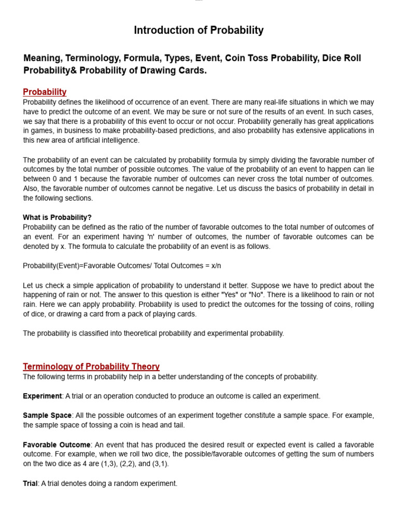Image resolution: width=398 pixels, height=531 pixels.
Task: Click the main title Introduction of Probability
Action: pos(198,31)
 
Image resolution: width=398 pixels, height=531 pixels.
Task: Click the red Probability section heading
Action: pos(45,92)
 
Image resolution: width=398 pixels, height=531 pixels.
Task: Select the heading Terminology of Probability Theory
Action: pos(91,367)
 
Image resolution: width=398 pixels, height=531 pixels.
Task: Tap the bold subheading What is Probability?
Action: pos(57,217)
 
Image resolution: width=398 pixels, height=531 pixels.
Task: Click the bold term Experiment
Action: pos(42,396)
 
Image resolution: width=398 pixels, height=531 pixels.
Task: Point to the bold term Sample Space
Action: pos(47,416)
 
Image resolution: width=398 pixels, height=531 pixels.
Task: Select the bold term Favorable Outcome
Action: pos(56,445)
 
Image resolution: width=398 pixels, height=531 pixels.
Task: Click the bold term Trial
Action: pos(30,483)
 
